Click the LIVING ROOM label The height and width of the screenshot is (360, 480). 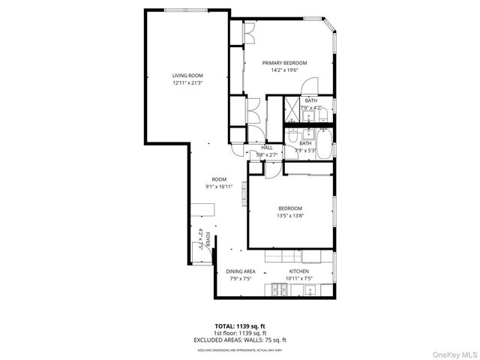pyautogui.click(x=187, y=76)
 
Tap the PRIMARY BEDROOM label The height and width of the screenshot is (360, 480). pyautogui.click(x=289, y=63)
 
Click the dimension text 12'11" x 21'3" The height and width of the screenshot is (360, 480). pyautogui.click(x=187, y=83)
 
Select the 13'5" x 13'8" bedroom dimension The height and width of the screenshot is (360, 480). pyautogui.click(x=289, y=215)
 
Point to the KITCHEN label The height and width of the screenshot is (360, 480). pyautogui.click(x=299, y=271)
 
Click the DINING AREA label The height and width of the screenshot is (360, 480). pyautogui.click(x=241, y=271)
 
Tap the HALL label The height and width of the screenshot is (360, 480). pyautogui.click(x=266, y=148)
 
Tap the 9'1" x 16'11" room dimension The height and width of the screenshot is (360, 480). pyautogui.click(x=219, y=187)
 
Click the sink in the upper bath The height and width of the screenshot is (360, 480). pyautogui.click(x=308, y=115)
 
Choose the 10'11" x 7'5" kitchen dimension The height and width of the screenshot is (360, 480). pyautogui.click(x=299, y=278)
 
